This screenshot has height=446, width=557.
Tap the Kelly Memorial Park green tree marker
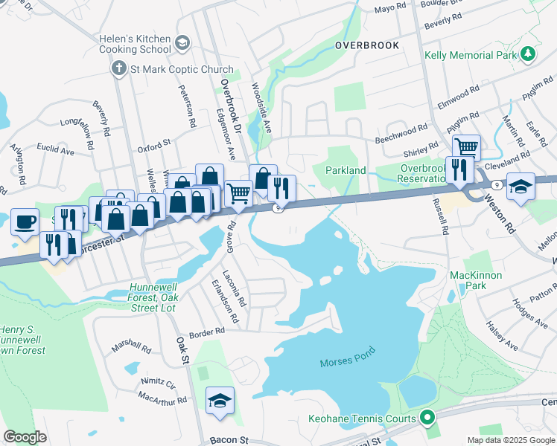tap(528, 54)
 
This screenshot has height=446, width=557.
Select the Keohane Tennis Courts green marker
tap(427, 418)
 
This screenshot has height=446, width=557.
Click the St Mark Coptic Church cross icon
tap(118, 69)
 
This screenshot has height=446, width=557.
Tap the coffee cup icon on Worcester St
tap(25, 221)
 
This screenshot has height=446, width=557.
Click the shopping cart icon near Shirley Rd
tap(466, 146)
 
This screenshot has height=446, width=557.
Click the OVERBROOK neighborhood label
tap(366, 45)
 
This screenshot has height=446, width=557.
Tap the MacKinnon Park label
tap(477, 280)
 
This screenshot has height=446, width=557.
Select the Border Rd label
tap(207, 332)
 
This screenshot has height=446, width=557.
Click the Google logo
tap(25, 437)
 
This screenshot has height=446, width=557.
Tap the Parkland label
tap(346, 170)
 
